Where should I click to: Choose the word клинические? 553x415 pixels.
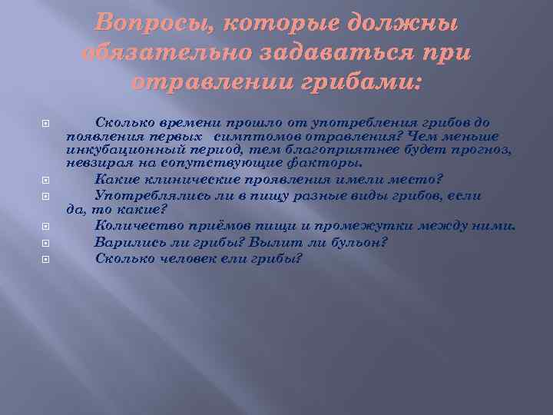click(x=187, y=179)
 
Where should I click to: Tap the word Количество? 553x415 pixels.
click(x=134, y=225)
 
